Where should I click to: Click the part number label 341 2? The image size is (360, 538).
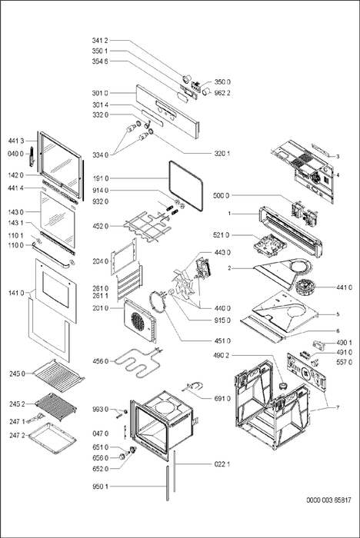click(x=100, y=41)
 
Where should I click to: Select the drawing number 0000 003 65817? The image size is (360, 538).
click(x=328, y=500)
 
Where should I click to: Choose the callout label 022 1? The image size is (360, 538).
click(x=222, y=464)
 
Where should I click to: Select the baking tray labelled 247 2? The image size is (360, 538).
click(x=52, y=438)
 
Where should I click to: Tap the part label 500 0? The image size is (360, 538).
click(x=222, y=195)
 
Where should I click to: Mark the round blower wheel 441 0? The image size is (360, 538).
click(x=304, y=286)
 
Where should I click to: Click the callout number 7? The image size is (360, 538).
click(x=338, y=407)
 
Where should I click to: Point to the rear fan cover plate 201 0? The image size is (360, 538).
click(x=140, y=320)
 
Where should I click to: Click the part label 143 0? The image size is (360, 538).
click(x=16, y=212)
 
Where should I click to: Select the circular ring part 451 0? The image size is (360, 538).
click(x=158, y=301)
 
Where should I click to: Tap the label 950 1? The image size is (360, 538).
click(x=100, y=487)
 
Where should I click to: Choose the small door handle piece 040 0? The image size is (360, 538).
click(x=32, y=157)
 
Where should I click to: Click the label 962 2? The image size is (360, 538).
click(x=222, y=93)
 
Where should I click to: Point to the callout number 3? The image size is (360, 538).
click(x=338, y=157)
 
